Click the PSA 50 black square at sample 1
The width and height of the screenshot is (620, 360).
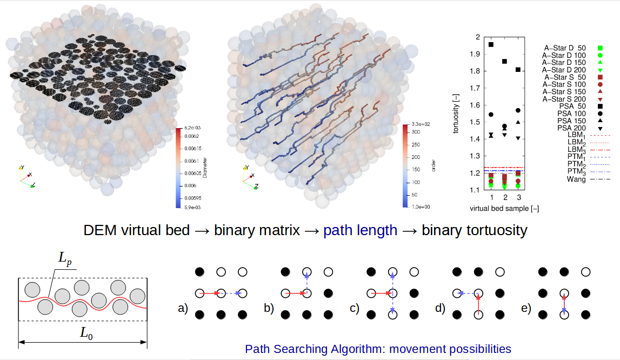(x=491, y=44)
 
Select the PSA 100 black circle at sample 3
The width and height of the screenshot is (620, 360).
(x=518, y=111)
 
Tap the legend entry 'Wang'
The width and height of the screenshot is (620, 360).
(x=576, y=179)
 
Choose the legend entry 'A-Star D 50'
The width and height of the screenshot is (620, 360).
(x=569, y=49)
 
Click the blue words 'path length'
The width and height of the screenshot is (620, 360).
(x=360, y=231)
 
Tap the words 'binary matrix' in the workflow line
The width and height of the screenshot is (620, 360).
(x=256, y=231)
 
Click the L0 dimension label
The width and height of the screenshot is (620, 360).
(x=86, y=334)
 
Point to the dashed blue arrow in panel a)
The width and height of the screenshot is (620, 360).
(x=231, y=293)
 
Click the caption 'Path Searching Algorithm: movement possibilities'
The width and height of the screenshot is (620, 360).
(x=378, y=349)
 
